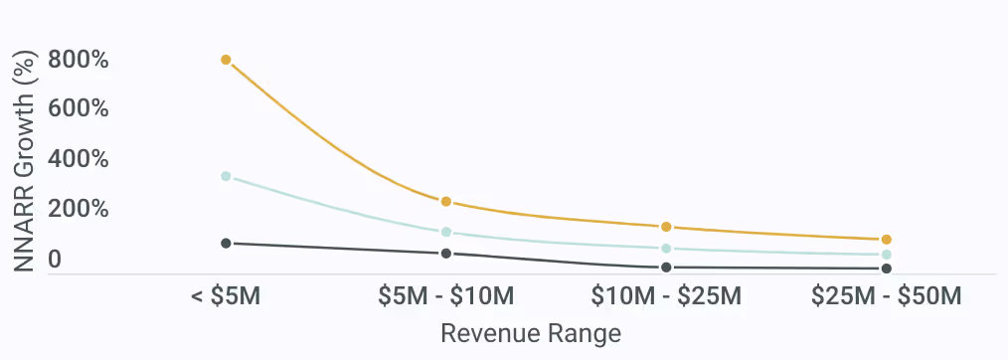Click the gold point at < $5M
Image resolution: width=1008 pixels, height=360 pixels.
(x=226, y=60)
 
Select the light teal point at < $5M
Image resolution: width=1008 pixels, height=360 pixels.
(x=226, y=176)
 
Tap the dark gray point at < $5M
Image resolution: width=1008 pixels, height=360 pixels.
(x=226, y=243)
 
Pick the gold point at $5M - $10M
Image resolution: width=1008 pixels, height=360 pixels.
(x=446, y=202)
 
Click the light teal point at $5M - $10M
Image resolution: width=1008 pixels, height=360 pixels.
(x=446, y=232)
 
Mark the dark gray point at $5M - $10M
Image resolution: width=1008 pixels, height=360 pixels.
(x=446, y=254)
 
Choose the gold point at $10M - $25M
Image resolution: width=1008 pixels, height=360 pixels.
(x=666, y=227)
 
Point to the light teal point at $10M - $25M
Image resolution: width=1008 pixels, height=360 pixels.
(x=666, y=249)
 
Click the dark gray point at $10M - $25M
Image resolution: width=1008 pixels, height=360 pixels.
(x=666, y=268)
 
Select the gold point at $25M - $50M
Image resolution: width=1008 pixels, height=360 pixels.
(x=886, y=240)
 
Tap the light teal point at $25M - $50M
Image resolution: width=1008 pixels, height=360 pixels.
(x=886, y=255)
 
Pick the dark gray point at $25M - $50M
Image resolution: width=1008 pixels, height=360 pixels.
(x=886, y=269)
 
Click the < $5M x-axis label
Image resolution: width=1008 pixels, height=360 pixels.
(x=226, y=296)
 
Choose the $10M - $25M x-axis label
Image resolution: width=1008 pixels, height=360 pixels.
(x=666, y=296)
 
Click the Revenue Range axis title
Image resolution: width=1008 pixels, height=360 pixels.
(x=531, y=333)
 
